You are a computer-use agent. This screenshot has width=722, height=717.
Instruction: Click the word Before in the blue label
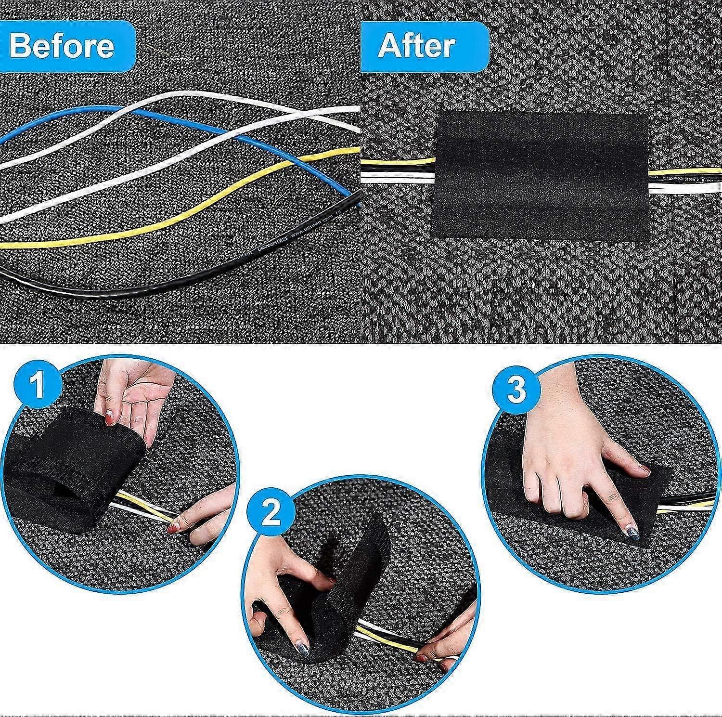tap(62, 46)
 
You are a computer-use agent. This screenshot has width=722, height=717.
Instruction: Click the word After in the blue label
tap(417, 46)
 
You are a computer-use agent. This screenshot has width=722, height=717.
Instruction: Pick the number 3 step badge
tap(516, 390)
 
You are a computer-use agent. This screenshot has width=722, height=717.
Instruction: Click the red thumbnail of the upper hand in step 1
tap(109, 417)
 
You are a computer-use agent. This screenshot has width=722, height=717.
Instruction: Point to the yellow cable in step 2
tap(385, 640)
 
